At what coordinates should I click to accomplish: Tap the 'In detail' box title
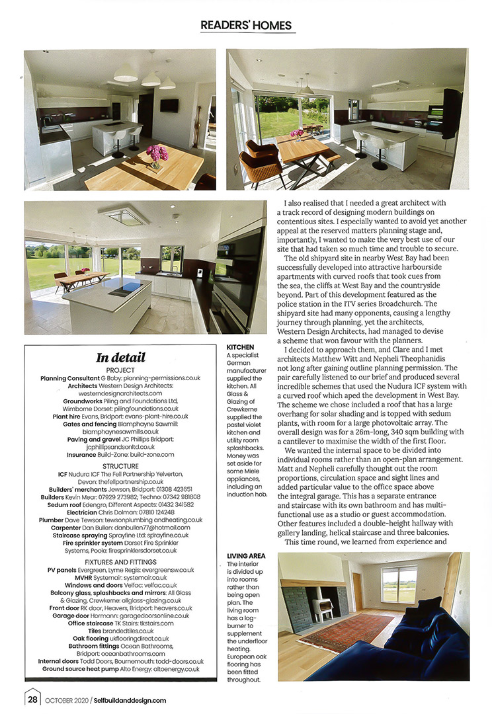[120, 358]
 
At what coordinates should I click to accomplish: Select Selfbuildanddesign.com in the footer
[130, 700]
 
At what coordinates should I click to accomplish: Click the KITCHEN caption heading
[240, 347]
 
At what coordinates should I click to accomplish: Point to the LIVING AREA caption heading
[246, 556]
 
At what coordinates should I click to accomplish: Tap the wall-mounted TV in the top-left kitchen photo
[169, 105]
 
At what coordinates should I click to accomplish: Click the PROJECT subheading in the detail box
[120, 370]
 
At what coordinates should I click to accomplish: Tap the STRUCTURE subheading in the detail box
[120, 465]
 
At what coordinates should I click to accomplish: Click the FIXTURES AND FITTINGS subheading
[120, 561]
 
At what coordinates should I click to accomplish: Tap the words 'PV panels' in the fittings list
[64, 569]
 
